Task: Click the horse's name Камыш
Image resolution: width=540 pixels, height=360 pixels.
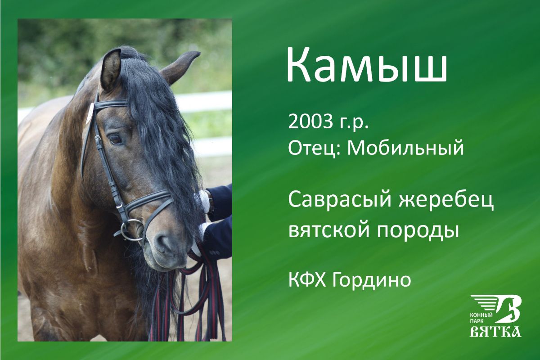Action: point(367,66)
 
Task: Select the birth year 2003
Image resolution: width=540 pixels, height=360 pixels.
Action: point(309,121)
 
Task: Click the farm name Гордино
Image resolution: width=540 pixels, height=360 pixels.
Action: point(371,281)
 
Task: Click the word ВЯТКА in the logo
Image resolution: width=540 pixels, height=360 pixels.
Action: point(495,332)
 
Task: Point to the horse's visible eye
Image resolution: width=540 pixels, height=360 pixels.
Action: point(115,139)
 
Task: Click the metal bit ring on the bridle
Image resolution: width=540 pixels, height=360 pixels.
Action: point(133,230)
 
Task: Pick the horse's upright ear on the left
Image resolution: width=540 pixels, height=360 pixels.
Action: point(110,70)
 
